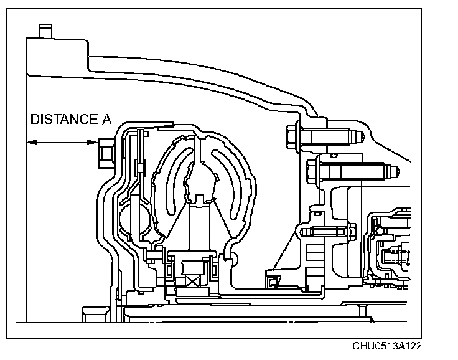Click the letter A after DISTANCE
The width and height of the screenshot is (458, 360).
pyautogui.click(x=106, y=120)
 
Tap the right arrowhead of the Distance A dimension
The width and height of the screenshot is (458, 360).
pyautogui.click(x=91, y=143)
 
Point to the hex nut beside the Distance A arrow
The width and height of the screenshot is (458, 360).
pyautogui.click(x=104, y=149)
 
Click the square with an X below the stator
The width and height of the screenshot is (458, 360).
pyautogui.click(x=190, y=274)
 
